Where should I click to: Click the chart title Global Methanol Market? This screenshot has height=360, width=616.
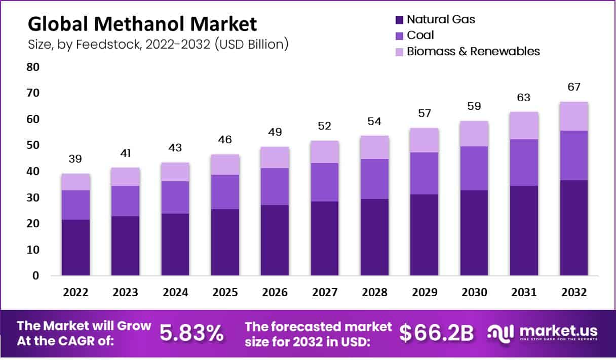click(142, 24)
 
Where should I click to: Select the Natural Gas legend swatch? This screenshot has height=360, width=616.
click(399, 20)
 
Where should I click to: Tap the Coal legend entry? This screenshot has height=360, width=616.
click(420, 35)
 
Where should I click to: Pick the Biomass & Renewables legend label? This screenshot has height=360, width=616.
click(473, 51)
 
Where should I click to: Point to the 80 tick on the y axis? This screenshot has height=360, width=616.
click(32, 67)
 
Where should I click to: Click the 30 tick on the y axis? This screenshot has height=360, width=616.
click(32, 197)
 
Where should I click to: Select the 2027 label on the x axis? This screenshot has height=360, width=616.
click(325, 293)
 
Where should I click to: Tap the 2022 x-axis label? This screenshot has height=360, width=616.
click(75, 293)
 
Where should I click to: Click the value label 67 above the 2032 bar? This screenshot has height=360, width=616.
click(574, 87)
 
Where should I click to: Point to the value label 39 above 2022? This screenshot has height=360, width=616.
click(75, 159)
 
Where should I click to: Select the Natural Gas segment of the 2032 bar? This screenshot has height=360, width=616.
click(574, 228)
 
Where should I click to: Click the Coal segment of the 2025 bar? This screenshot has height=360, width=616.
click(225, 192)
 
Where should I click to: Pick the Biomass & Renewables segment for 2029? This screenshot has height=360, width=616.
click(425, 140)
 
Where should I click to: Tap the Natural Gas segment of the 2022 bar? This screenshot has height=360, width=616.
click(75, 248)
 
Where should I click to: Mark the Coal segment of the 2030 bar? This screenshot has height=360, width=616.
click(474, 168)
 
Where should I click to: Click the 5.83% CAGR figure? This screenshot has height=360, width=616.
click(191, 333)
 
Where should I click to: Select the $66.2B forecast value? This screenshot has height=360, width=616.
click(436, 333)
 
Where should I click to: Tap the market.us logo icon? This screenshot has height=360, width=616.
click(501, 332)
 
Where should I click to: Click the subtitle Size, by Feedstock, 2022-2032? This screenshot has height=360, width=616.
click(158, 44)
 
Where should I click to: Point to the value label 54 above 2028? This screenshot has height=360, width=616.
click(374, 122)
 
